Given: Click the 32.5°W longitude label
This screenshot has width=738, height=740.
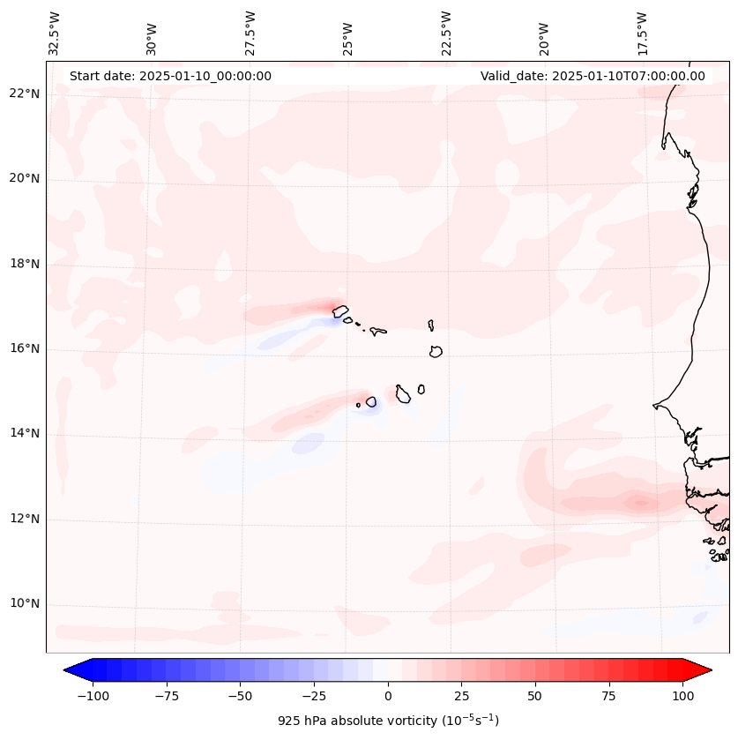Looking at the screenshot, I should tap(55, 34).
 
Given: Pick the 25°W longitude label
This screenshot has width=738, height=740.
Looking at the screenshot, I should tap(348, 34).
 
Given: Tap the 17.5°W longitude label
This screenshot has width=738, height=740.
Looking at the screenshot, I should tap(642, 34).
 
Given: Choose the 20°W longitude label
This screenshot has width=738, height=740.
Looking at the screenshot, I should tap(544, 34).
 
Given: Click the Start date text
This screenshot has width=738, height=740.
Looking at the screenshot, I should tap(170, 76).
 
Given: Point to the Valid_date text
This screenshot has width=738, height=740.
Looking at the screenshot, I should tap(593, 76).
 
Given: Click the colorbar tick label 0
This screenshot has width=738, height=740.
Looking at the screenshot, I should tap(388, 696).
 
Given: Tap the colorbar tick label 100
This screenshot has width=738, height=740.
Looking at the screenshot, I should tap(683, 696).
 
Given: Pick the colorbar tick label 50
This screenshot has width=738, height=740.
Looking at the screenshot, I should tap(535, 696).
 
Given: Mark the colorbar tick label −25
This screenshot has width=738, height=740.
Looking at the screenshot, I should tap(312, 696).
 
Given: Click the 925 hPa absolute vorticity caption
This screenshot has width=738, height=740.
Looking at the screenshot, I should tap(388, 721).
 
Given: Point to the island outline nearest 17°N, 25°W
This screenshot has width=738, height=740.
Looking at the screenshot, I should tap(340, 311).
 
